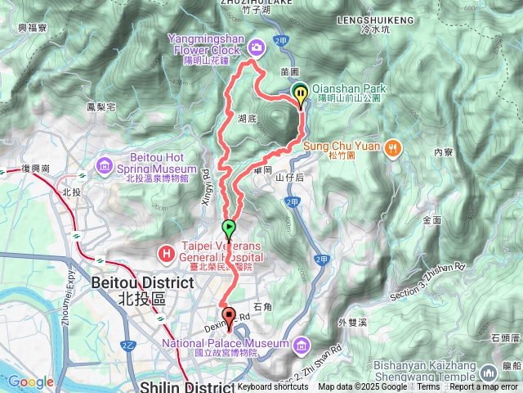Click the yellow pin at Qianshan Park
(x=300, y=94)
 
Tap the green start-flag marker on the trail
(x=229, y=227)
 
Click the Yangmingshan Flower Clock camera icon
(x=257, y=47)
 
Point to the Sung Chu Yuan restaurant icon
(x=393, y=147)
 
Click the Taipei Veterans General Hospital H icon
(x=168, y=254)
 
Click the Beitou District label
(x=142, y=282)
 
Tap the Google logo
(x=30, y=382)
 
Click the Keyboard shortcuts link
(x=273, y=387)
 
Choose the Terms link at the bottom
(x=428, y=387)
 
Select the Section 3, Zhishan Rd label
(x=428, y=277)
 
